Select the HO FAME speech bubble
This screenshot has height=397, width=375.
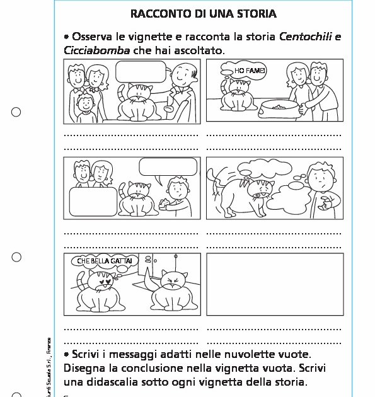(x=246, y=72)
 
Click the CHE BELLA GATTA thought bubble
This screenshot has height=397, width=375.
(x=104, y=261)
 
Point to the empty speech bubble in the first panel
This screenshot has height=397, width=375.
(x=140, y=72)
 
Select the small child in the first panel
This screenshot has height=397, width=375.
(x=83, y=107)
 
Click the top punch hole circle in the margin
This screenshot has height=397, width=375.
(x=16, y=112)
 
